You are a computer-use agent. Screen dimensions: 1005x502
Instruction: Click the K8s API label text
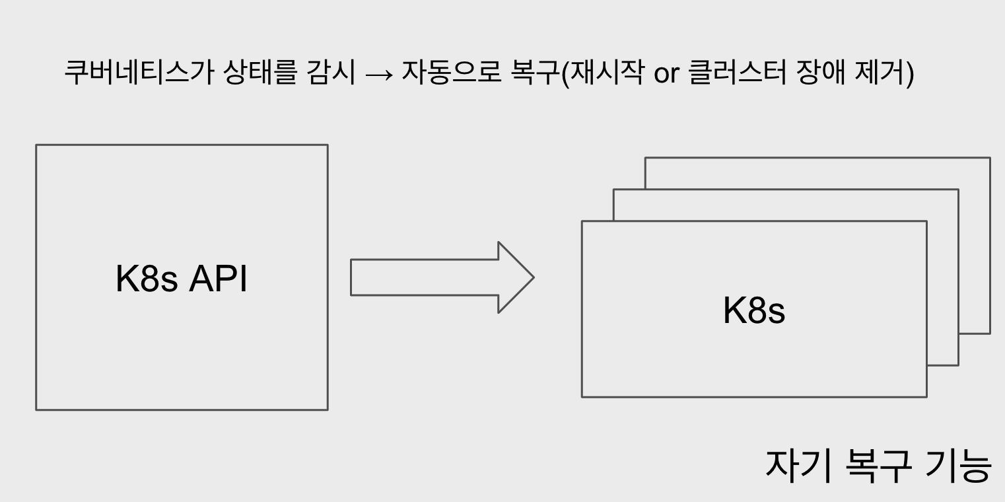pos(181,279)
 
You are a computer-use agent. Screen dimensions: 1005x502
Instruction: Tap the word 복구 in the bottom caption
pos(878,466)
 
